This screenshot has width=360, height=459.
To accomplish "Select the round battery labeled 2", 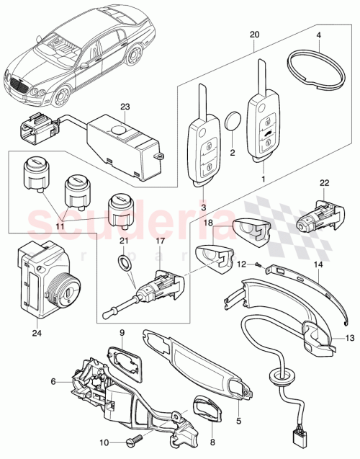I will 233,120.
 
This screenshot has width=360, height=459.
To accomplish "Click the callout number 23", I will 125,107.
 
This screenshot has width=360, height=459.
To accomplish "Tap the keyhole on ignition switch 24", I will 69,295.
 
